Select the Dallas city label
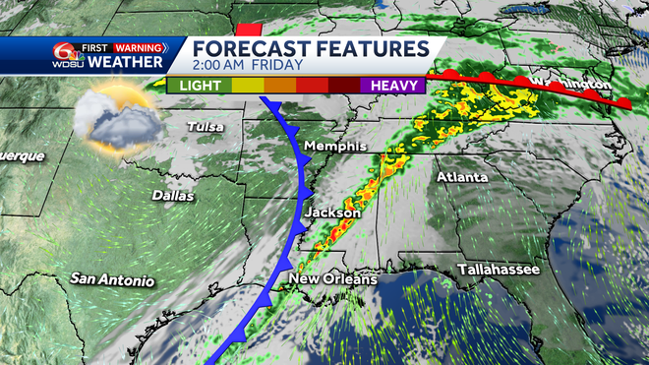173,195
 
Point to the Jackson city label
332,213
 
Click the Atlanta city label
461,177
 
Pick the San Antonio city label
111,280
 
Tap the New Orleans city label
332,280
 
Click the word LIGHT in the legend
201,86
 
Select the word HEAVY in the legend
392,86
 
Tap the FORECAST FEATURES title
310,49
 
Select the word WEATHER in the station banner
125,63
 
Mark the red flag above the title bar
252,28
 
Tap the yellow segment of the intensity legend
247,86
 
